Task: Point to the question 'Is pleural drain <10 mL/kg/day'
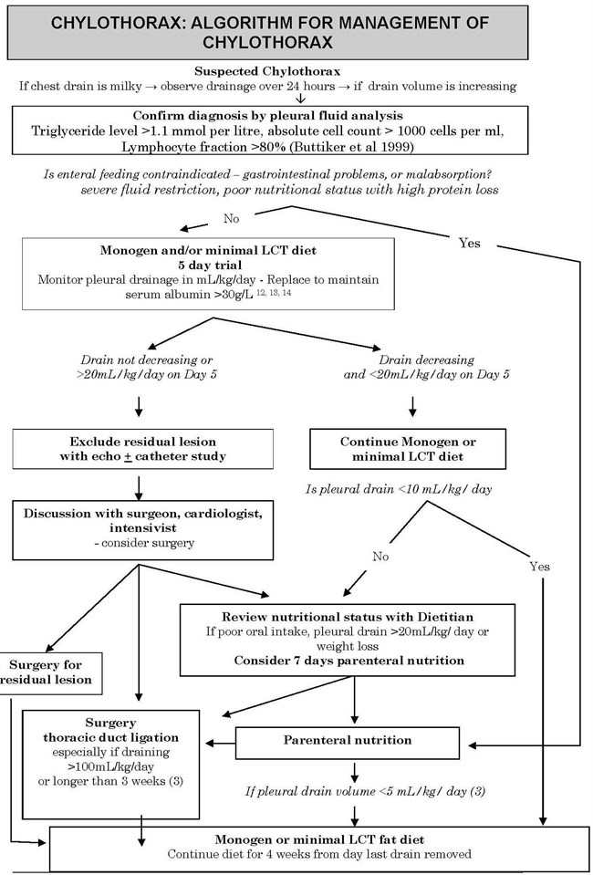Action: (399, 490)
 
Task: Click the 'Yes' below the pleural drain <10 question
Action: (540, 567)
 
